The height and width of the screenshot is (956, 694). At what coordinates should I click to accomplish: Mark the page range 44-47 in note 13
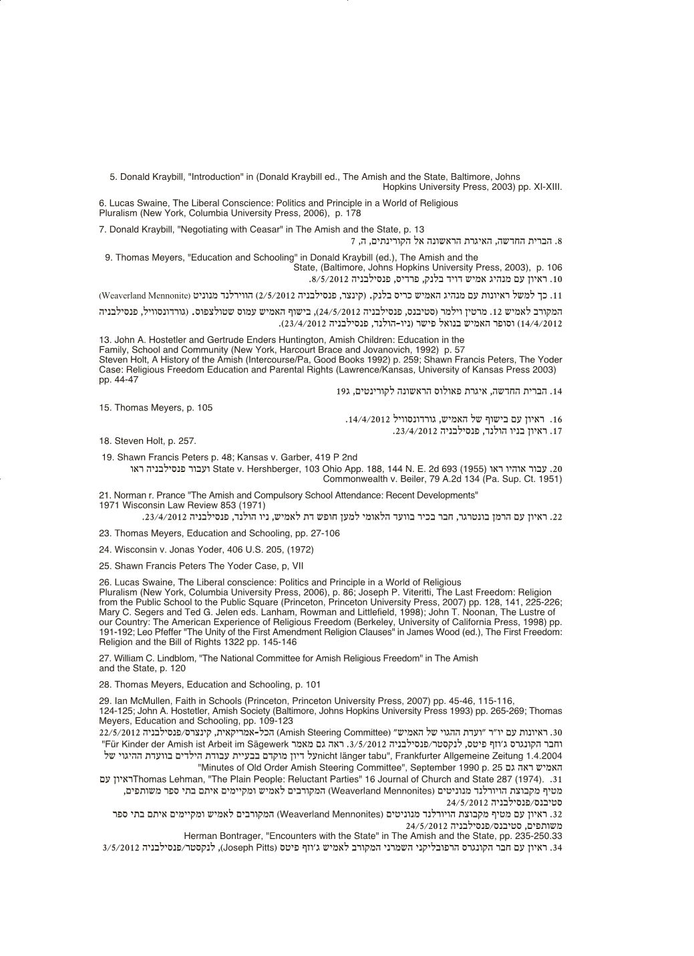(126, 380)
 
